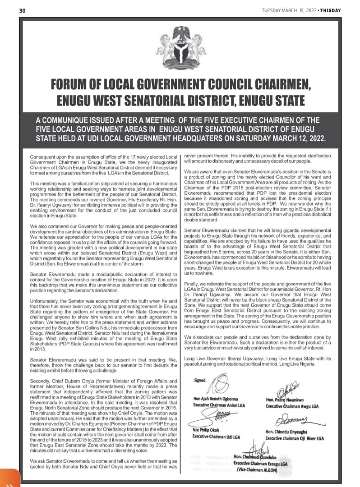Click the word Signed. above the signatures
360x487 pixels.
[200, 380]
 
